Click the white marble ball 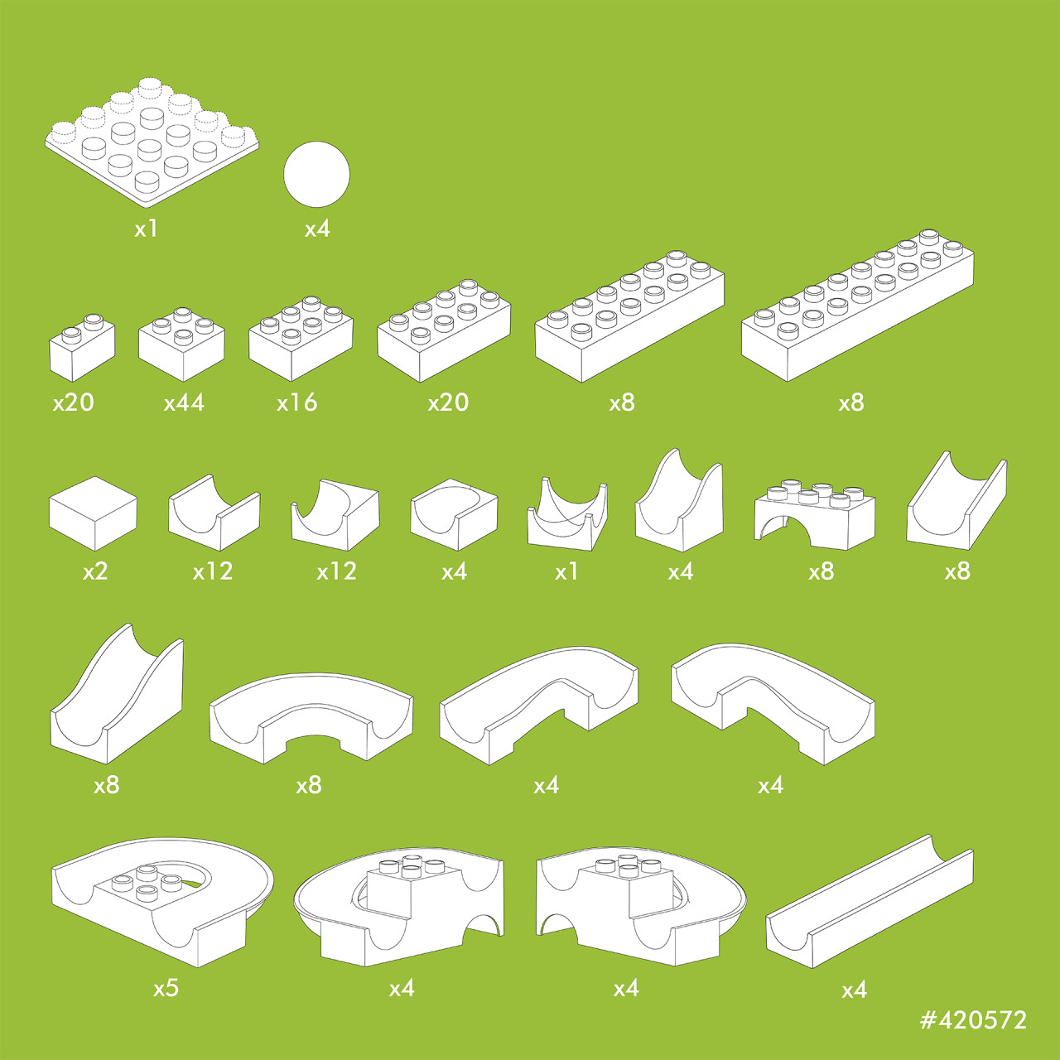[316, 175]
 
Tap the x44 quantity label [184, 402]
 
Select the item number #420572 [973, 1020]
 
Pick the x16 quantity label [297, 402]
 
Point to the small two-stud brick [82, 348]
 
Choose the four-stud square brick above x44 [181, 344]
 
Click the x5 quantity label [166, 989]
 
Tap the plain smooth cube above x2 [93, 513]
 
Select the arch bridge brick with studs [815, 514]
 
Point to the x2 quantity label [95, 571]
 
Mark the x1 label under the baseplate [146, 229]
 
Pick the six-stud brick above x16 [301, 339]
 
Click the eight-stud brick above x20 [444, 330]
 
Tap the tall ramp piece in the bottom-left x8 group [117, 694]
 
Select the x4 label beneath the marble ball [317, 229]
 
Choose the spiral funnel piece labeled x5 [162, 902]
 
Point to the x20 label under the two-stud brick [73, 402]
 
